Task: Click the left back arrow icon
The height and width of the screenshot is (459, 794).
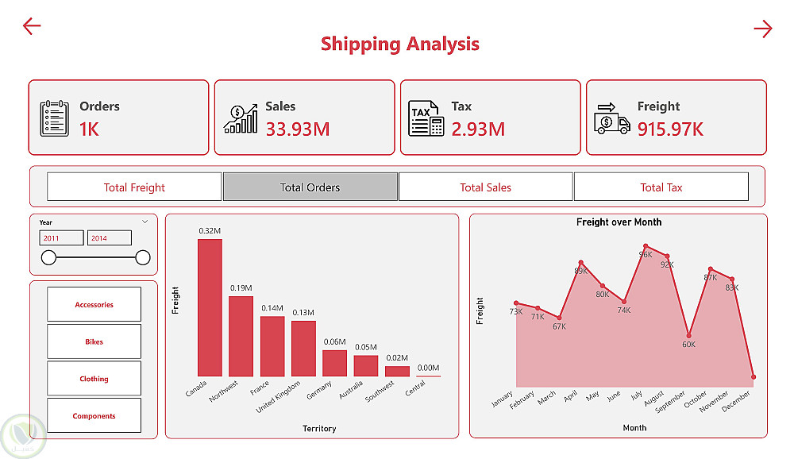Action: [31, 26]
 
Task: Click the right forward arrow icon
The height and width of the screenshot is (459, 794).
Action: [762, 29]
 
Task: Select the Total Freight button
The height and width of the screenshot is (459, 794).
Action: [134, 187]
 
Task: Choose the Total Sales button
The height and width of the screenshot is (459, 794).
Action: [485, 187]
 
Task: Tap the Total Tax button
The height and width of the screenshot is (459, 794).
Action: [661, 187]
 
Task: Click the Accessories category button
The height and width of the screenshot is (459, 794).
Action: [94, 304]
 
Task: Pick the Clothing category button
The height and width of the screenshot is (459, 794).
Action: [94, 379]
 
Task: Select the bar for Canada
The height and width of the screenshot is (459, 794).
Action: [210, 307]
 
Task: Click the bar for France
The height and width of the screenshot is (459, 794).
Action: [272, 346]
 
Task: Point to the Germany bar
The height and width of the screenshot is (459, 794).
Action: [335, 363]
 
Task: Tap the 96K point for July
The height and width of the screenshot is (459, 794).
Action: [646, 246]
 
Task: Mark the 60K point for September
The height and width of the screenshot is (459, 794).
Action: [688, 336]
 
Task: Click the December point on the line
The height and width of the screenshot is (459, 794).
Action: [753, 376]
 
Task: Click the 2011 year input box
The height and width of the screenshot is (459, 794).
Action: [61, 238]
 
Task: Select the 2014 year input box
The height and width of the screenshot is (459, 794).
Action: [109, 238]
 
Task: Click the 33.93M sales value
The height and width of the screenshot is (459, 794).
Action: [297, 129]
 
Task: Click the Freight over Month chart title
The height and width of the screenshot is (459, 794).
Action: [619, 222]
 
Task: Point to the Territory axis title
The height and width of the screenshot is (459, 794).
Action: [319, 429]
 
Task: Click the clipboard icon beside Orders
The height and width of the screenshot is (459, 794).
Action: [54, 118]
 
